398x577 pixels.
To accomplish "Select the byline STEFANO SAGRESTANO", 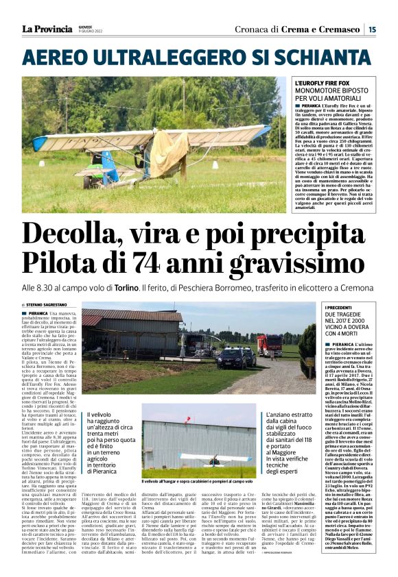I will point(49,305).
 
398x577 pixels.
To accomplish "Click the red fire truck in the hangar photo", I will point(269,344).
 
